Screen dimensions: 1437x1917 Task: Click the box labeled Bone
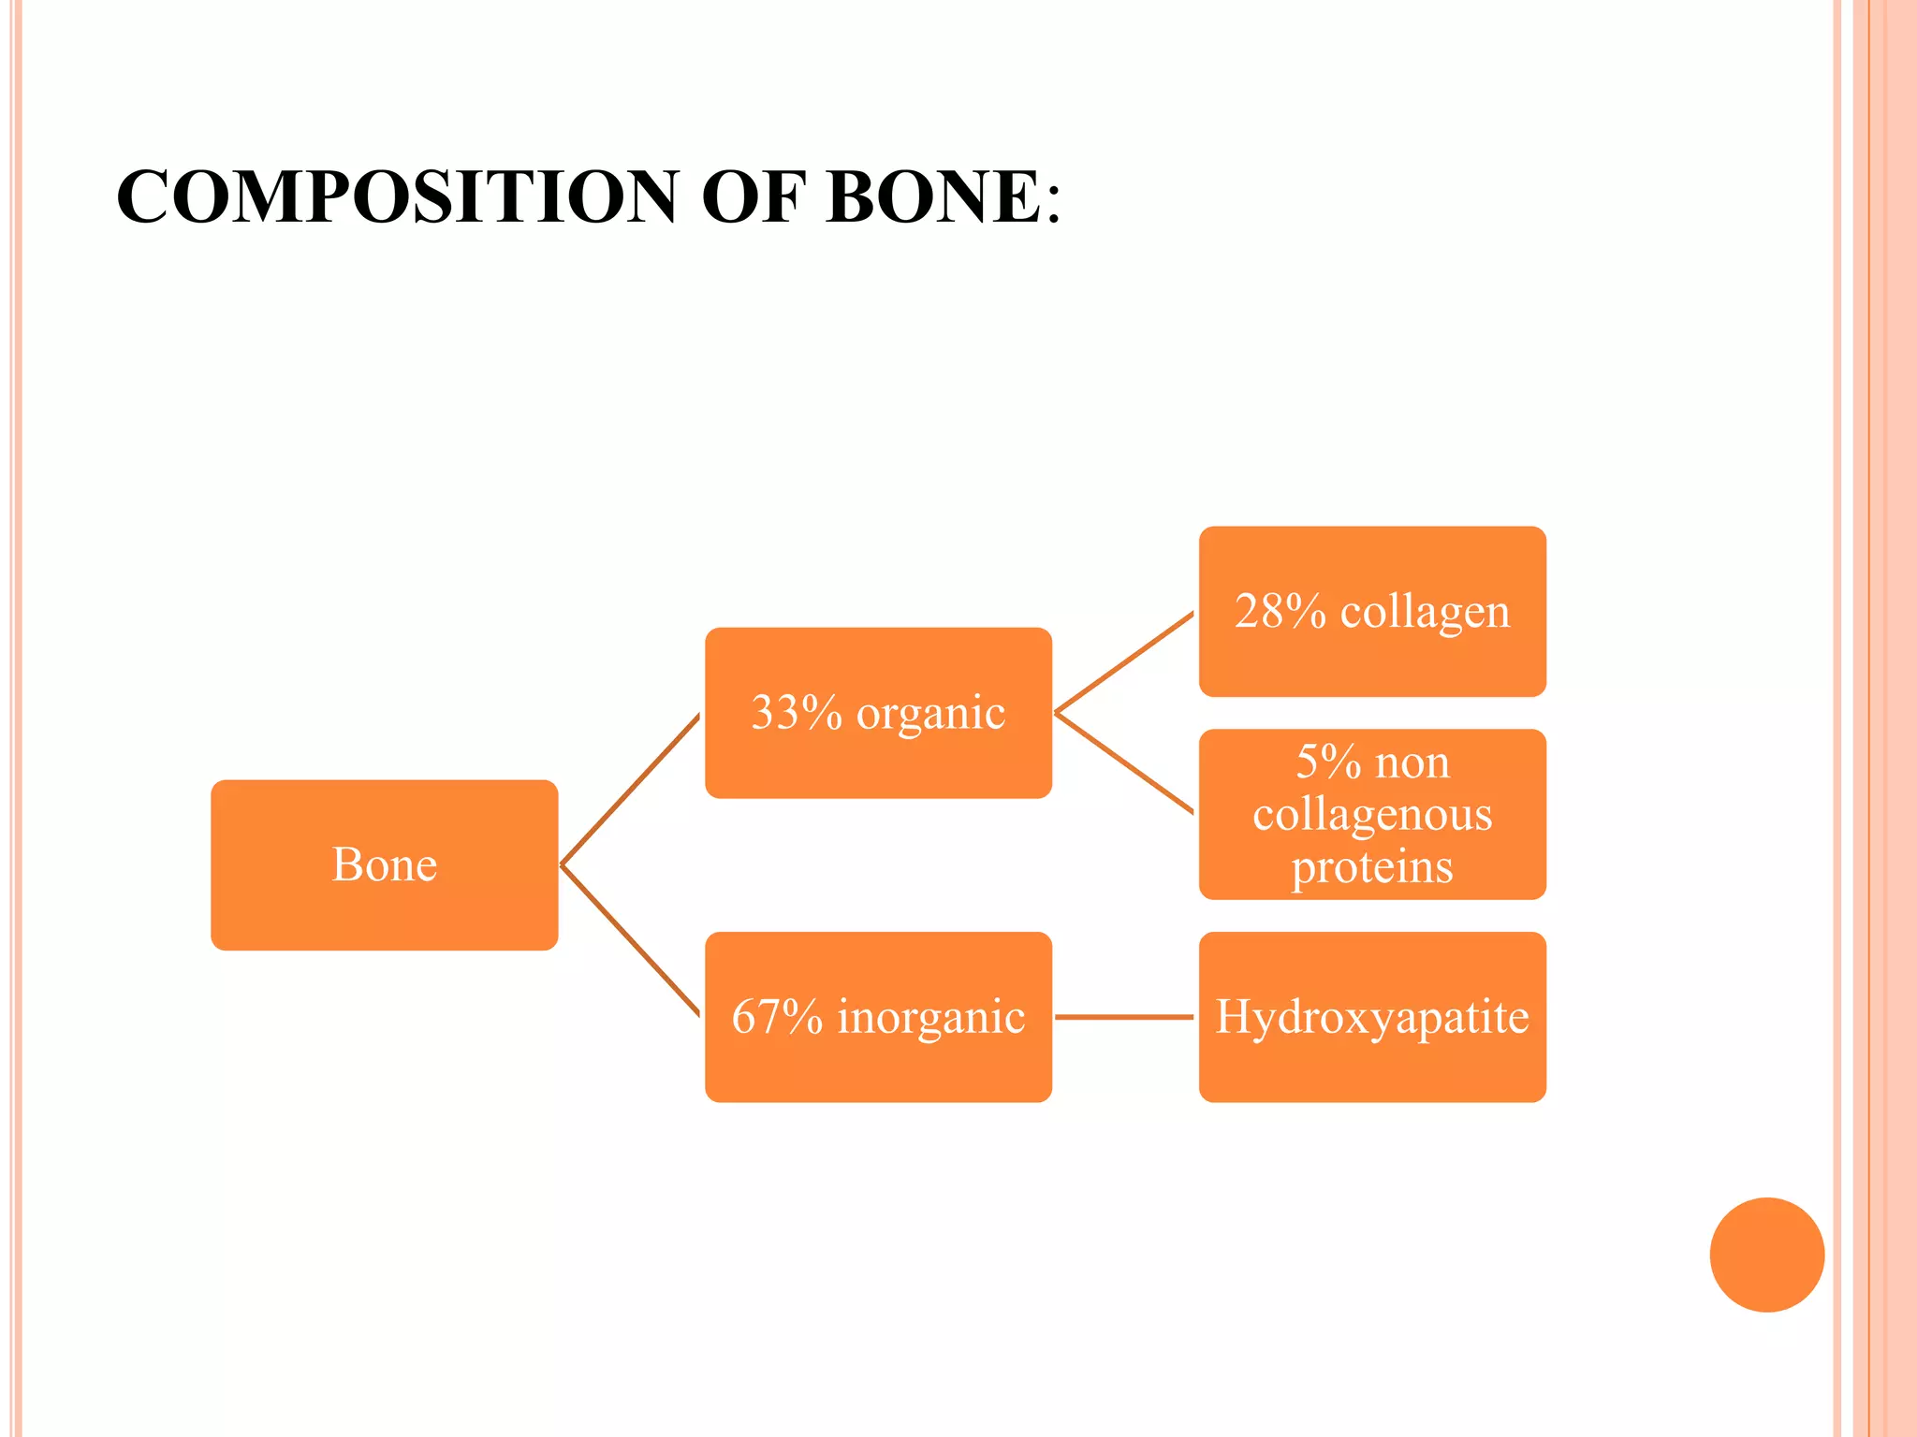(x=384, y=865)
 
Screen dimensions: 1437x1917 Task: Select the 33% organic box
(x=878, y=713)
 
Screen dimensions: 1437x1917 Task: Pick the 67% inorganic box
(x=878, y=1017)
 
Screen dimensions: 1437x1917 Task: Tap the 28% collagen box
(x=1372, y=612)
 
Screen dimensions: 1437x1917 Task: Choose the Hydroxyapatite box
(x=1372, y=1017)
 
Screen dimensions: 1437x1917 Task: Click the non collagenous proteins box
(x=1372, y=815)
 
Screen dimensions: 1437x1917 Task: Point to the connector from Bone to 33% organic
(x=630, y=790)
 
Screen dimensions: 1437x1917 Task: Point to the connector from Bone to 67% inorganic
(x=630, y=940)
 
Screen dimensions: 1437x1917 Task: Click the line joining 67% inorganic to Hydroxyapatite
(x=1124, y=1017)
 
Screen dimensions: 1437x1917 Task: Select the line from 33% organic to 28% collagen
(x=1124, y=663)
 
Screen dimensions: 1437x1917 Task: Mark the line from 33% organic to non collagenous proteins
(x=1124, y=763)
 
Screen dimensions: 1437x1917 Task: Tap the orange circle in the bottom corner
(x=1766, y=1255)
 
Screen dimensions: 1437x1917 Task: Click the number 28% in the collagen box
(x=1280, y=612)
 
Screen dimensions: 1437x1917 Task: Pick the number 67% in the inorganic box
(x=777, y=1017)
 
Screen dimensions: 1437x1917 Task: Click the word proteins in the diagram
(x=1372, y=867)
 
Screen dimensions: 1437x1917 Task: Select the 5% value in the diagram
(x=1328, y=762)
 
